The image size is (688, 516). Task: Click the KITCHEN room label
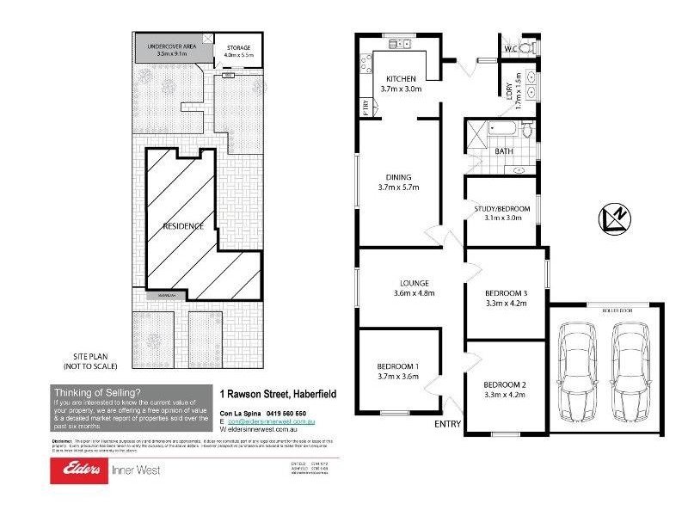point(400,77)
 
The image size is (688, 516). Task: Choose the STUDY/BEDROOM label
point(502,209)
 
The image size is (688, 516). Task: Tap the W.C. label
point(508,48)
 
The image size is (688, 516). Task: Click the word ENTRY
point(448,424)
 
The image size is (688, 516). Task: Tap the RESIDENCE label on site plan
point(183,226)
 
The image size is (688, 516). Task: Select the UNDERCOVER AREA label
point(172,46)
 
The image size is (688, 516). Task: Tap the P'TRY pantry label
point(365,108)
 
